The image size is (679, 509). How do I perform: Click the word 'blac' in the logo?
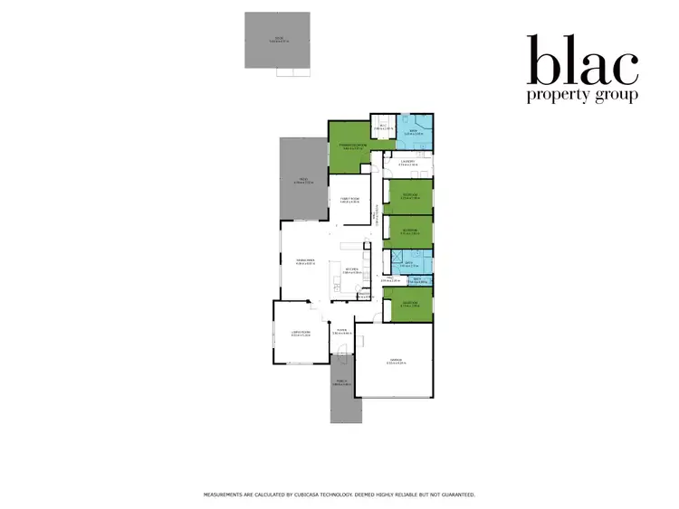(x=582, y=61)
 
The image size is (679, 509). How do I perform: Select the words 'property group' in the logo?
(x=582, y=95)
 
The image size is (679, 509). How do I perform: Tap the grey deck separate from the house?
(x=277, y=40)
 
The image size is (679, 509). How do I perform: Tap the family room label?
(x=350, y=199)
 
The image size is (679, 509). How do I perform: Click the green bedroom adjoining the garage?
(x=407, y=305)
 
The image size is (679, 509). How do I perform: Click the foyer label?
(x=341, y=333)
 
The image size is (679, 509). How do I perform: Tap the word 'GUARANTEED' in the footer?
(x=454, y=495)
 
